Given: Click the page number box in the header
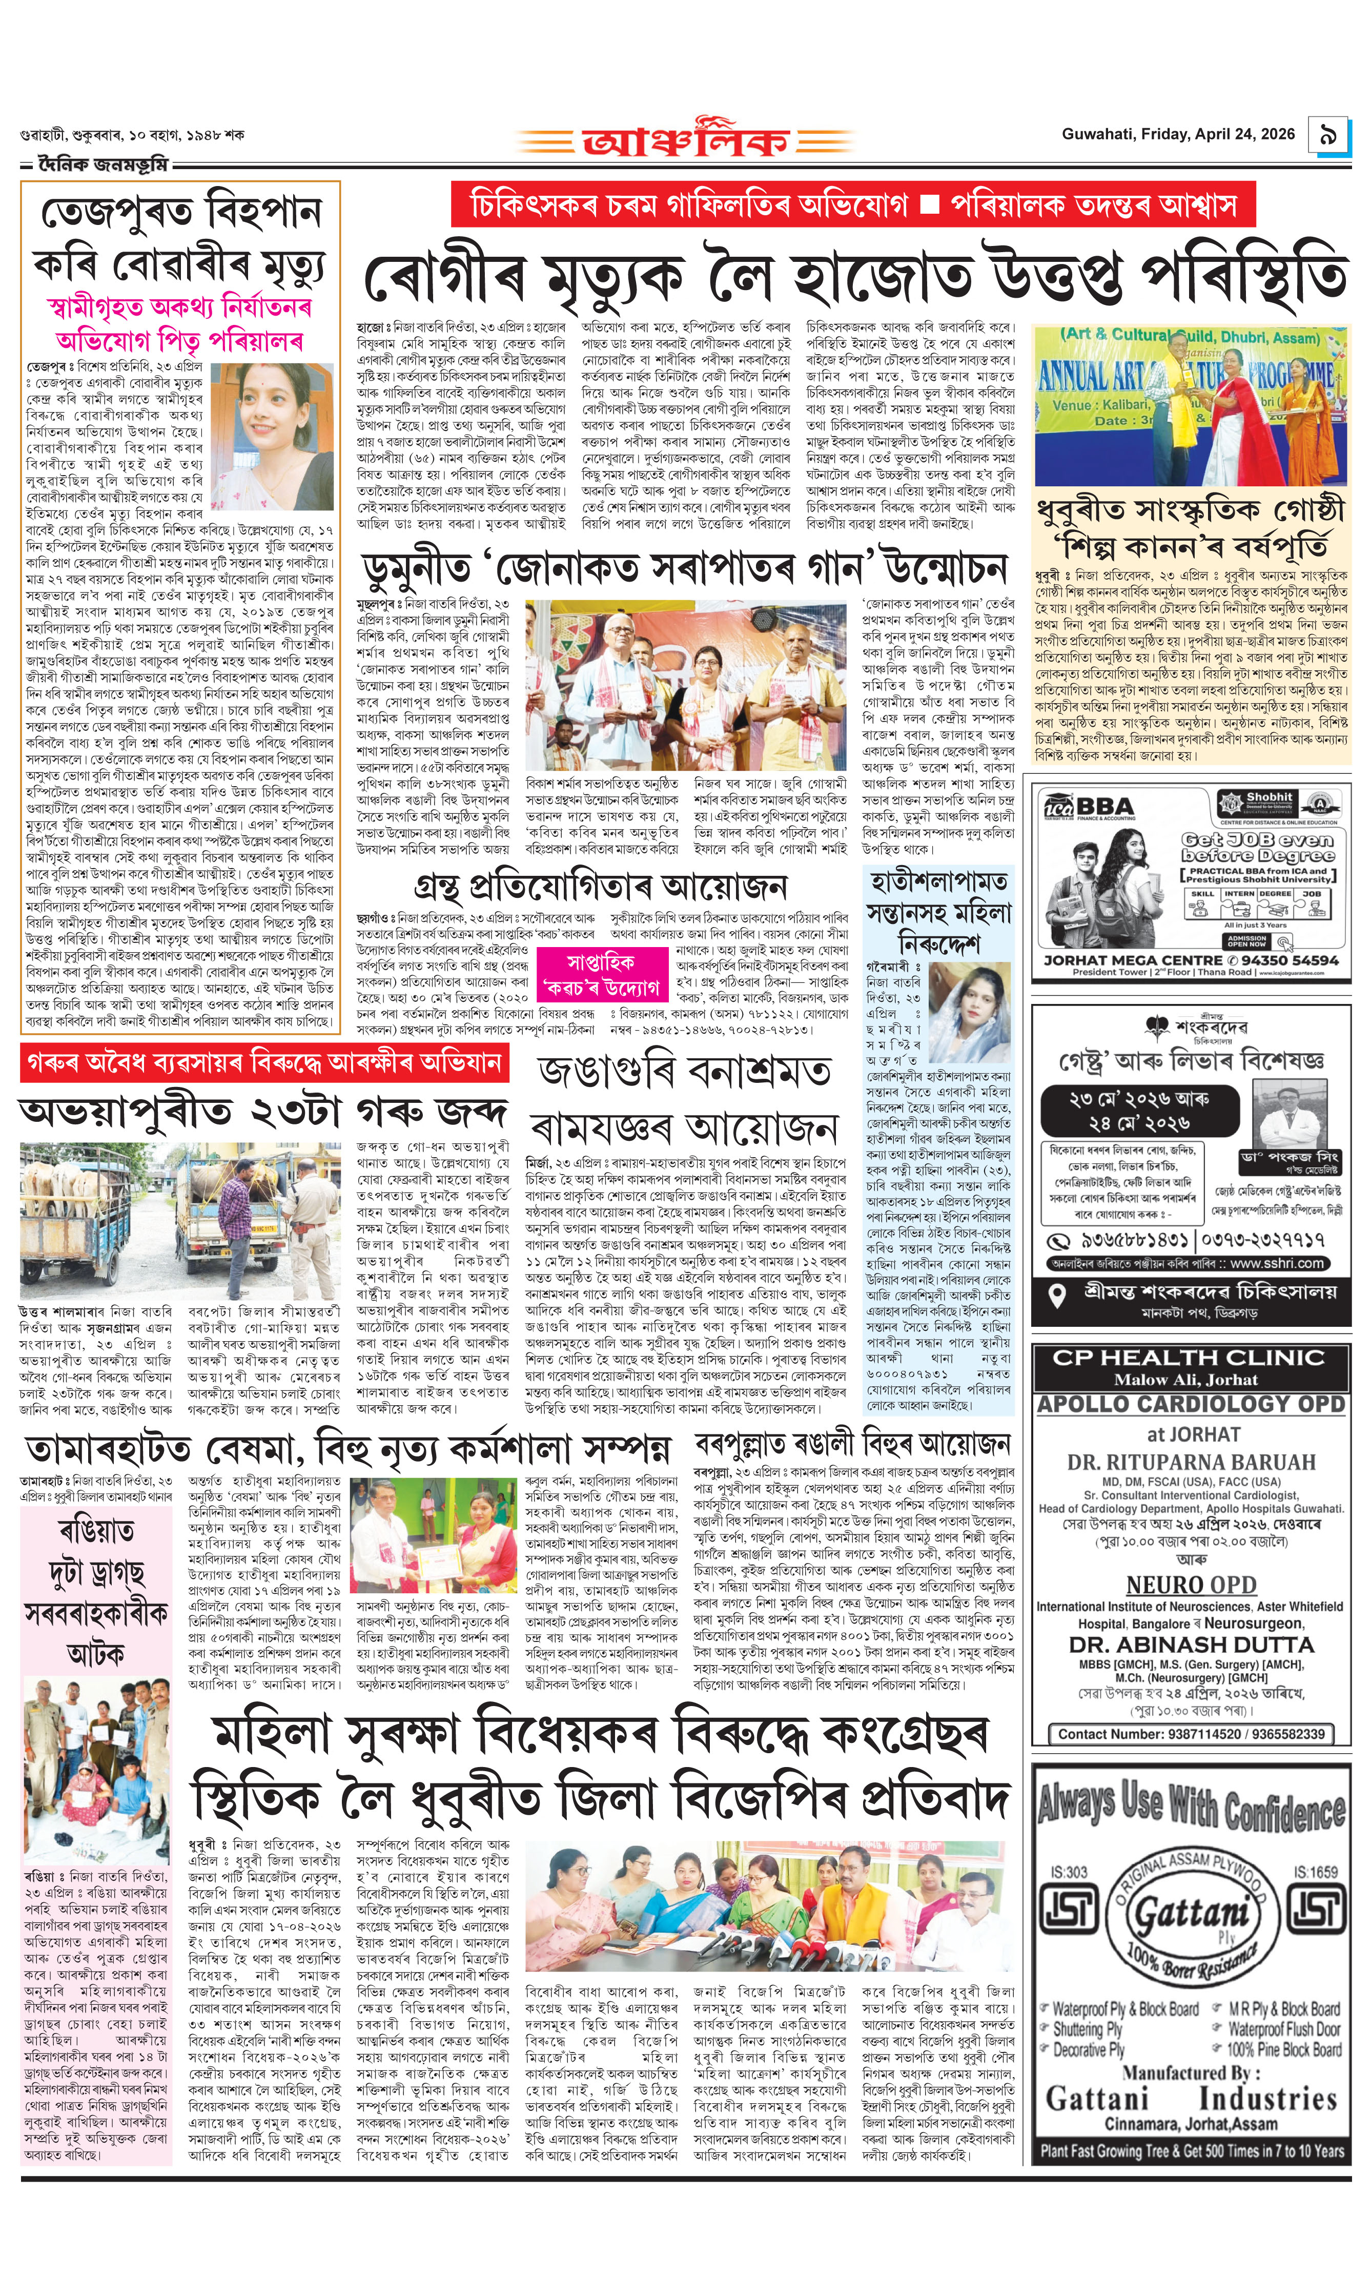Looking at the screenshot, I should point(1327,135).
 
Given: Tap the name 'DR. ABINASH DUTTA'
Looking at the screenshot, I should point(1191,1645).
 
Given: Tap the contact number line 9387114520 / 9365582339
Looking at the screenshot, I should point(1191,1734).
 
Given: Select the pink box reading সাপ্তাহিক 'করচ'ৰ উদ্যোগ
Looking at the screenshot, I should point(600,975).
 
